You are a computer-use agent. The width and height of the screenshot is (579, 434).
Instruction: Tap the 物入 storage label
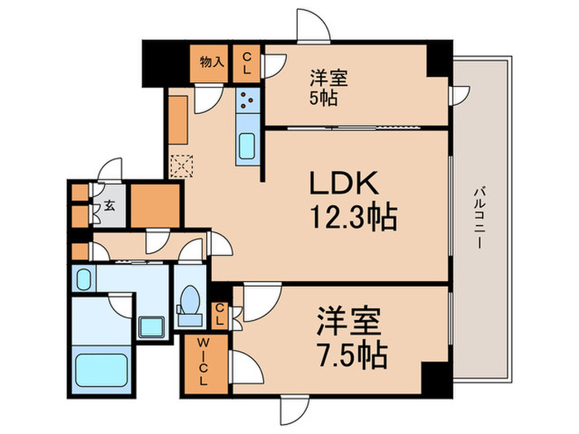(212, 60)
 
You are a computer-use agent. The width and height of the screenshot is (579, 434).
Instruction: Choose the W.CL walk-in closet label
(201, 360)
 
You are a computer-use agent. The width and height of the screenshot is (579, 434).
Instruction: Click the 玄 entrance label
(109, 206)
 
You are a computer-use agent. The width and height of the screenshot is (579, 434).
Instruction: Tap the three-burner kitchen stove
(247, 102)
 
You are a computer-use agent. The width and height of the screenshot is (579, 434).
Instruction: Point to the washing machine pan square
(151, 326)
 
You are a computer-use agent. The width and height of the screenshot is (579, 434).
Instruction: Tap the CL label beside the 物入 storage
(246, 63)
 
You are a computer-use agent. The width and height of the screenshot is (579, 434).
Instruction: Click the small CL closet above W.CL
(220, 313)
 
